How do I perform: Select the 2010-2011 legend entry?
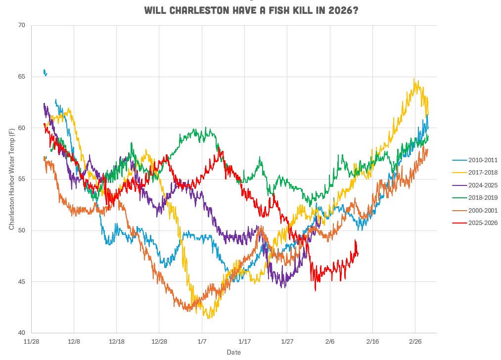pyautogui.click(x=475, y=160)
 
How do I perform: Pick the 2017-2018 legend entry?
pyautogui.click(x=475, y=173)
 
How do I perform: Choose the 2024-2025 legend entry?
pyautogui.click(x=475, y=185)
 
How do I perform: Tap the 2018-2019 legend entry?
pyautogui.click(x=475, y=198)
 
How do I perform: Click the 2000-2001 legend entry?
pyautogui.click(x=475, y=211)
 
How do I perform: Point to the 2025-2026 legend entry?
pyautogui.click(x=475, y=224)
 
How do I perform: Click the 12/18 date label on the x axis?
pyautogui.click(x=117, y=341)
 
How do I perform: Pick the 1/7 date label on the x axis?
pyautogui.click(x=202, y=341)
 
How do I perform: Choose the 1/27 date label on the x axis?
pyautogui.click(x=287, y=341)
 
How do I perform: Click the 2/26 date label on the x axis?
pyautogui.click(x=415, y=341)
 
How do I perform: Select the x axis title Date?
pyautogui.click(x=233, y=352)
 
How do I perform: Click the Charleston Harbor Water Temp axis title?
pyautogui.click(x=11, y=179)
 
